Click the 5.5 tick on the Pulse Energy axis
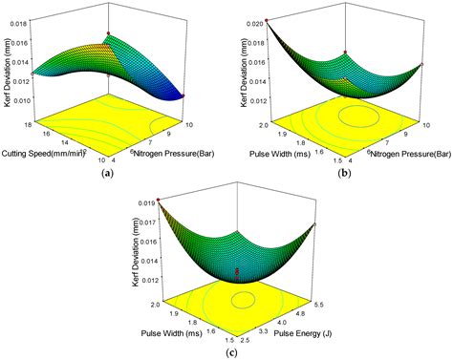[x=314, y=309]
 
